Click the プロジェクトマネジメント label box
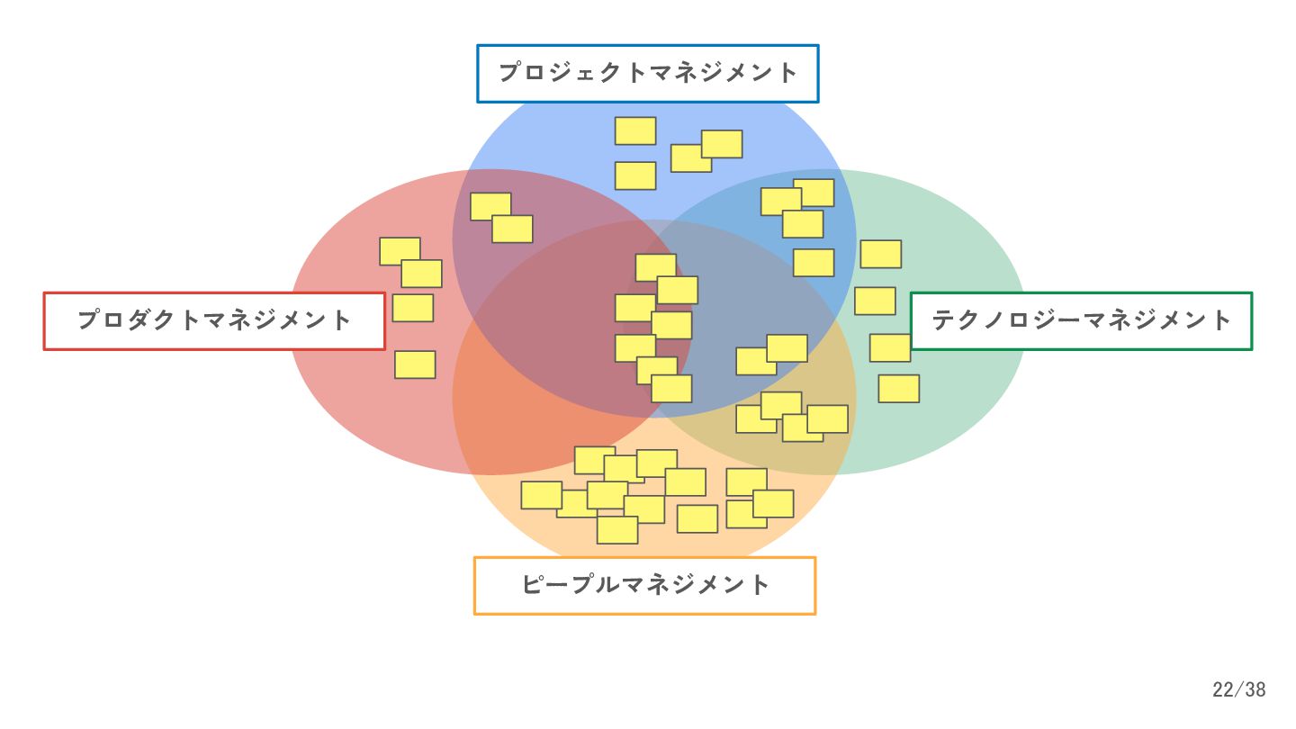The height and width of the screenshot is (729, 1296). (647, 73)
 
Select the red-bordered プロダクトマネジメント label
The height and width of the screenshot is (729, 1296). (214, 320)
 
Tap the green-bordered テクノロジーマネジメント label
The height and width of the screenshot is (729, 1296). (1081, 320)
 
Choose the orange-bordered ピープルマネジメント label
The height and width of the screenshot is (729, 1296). (644, 585)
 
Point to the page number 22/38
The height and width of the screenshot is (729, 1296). (1238, 690)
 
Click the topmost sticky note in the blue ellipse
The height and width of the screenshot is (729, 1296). (635, 130)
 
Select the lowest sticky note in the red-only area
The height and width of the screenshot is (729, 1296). (415, 364)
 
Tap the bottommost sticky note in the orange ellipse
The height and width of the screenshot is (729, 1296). (617, 530)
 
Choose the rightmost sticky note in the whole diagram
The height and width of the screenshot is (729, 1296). (899, 389)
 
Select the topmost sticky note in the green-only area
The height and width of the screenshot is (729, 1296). (881, 254)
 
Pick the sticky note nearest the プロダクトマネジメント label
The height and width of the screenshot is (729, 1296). (413, 308)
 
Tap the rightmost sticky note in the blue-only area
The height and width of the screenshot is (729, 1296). (722, 144)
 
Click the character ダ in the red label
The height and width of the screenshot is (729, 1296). (139, 320)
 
